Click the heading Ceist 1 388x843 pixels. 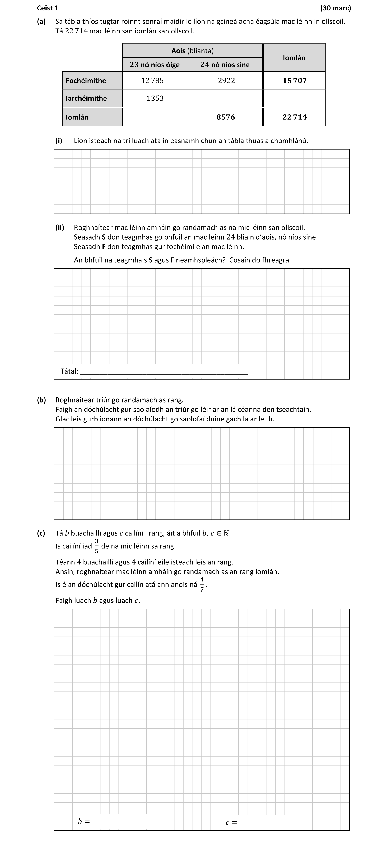[48, 8]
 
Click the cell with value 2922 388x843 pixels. [226, 80]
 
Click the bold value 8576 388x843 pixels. [226, 117]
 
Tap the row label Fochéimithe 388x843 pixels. [86, 80]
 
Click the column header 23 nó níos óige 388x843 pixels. [155, 64]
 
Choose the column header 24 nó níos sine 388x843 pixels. [225, 64]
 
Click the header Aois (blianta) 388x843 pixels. [192, 51]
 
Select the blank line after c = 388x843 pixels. [270, 823]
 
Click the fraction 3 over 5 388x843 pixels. [97, 546]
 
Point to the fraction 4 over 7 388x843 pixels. [202, 584]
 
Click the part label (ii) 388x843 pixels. [60, 227]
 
